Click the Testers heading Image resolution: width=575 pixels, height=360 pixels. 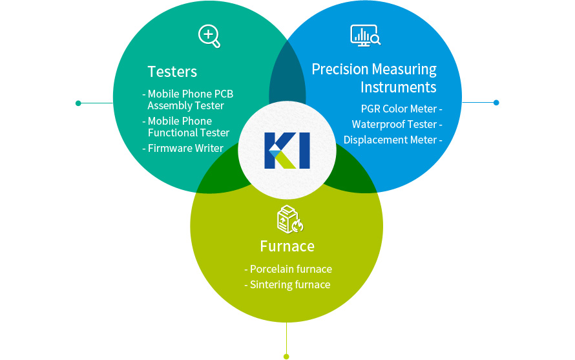(x=172, y=72)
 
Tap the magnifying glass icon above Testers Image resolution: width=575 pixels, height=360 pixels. (x=209, y=36)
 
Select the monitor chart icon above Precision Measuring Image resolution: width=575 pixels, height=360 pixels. (x=365, y=36)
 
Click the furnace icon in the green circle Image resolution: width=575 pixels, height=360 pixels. (x=289, y=219)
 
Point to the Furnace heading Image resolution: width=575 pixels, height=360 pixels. (x=287, y=246)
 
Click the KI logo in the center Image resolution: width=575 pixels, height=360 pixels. (x=287, y=151)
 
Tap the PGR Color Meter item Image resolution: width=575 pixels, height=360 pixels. (x=402, y=109)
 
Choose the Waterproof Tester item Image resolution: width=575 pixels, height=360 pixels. (x=397, y=124)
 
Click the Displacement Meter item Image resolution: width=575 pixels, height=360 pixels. (x=393, y=140)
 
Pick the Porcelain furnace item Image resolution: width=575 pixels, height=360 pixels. (x=288, y=269)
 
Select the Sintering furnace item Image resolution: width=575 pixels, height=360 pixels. (x=287, y=285)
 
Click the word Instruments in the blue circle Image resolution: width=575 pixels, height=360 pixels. (x=398, y=87)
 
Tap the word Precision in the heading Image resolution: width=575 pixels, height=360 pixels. (x=340, y=69)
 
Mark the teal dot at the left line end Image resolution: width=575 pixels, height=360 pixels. (x=78, y=103)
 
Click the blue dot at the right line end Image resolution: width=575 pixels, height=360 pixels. (x=496, y=103)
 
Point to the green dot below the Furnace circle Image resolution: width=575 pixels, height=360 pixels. (x=286, y=356)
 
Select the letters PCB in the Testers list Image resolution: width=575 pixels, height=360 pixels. (x=224, y=94)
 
